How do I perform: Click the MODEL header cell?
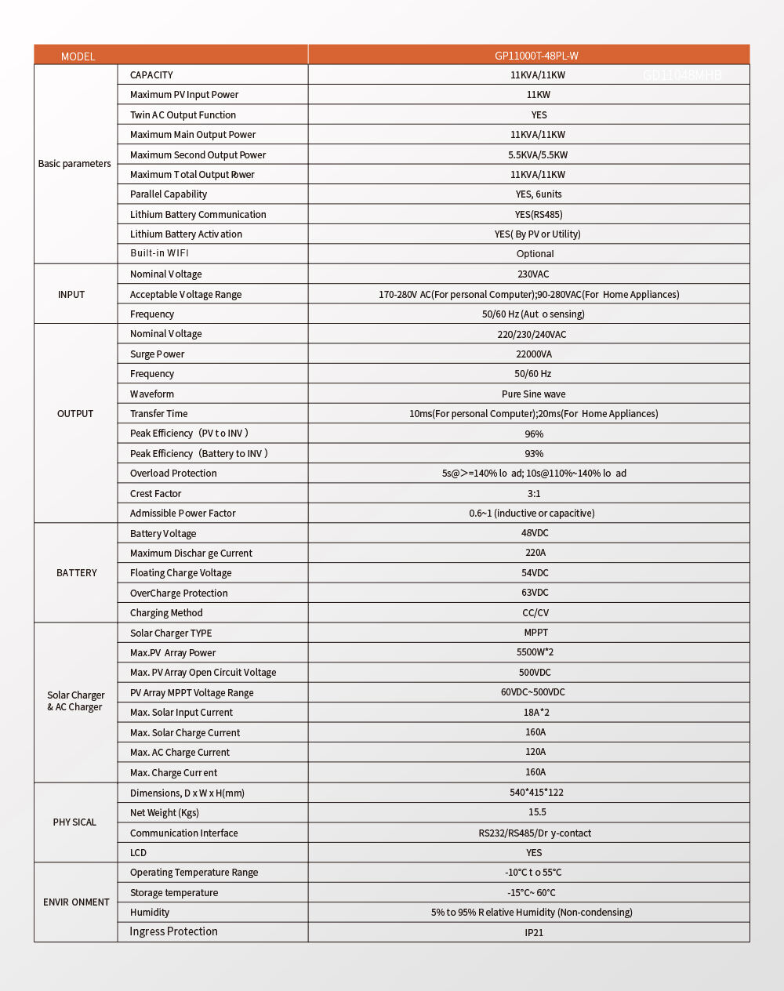point(78,56)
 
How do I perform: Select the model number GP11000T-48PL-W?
point(536,56)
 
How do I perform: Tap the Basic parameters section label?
point(74,164)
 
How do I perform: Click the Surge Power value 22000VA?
point(534,354)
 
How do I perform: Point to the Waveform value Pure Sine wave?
point(533,394)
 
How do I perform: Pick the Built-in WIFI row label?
point(159,253)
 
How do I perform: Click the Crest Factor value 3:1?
point(534,494)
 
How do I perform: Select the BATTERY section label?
point(77,573)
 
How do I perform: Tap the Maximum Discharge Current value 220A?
point(535,553)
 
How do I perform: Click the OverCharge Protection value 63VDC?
point(535,593)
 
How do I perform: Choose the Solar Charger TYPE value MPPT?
point(536,633)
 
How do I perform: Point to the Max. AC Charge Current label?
point(180,753)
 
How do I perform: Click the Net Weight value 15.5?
point(537,813)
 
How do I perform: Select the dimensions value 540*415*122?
point(536,793)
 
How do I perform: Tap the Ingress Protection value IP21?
point(534,933)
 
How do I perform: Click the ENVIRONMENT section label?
point(76,902)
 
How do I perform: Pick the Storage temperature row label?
point(174,893)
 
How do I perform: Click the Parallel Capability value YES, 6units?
point(539,194)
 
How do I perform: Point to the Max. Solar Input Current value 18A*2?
point(536,713)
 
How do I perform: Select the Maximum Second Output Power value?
point(538,155)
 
